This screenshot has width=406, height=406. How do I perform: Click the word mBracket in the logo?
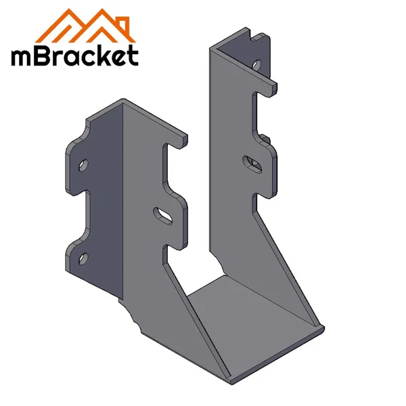coord(74,55)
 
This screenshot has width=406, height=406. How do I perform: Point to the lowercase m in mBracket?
coord(20,57)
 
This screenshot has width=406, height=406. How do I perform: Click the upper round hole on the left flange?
coord(82,164)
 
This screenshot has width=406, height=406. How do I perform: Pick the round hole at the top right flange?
coord(255,66)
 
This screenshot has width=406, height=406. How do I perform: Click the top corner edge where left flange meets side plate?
coord(122,103)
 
